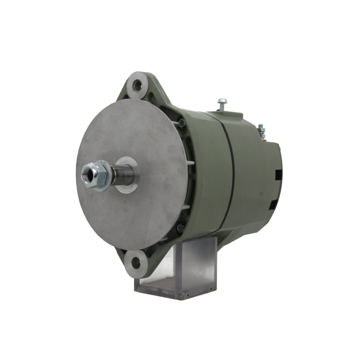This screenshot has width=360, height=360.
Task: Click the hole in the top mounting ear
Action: tap(137, 85)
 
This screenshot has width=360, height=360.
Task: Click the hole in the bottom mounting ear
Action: tap(136, 263)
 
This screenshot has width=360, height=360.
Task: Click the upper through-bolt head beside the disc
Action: tap(182, 123)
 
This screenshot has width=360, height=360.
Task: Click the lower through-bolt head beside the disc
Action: tap(180, 228)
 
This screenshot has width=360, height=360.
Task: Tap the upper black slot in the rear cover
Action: tap(278, 175)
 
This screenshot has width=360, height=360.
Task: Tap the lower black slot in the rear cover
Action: tap(274, 204)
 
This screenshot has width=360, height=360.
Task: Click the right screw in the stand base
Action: tap(211, 288)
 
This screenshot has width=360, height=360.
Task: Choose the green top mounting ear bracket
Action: tap(144, 88)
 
